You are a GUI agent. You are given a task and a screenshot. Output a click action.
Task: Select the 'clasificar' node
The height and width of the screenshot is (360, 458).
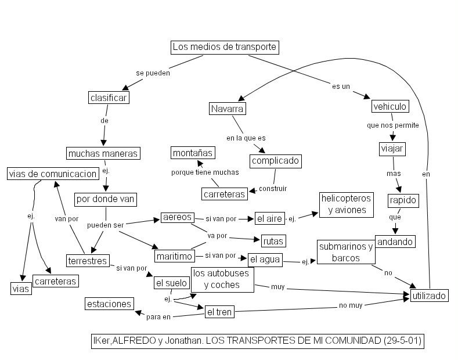pyautogui.click(x=109, y=98)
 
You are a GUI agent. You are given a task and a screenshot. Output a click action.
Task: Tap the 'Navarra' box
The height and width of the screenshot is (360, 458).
pyautogui.click(x=228, y=109)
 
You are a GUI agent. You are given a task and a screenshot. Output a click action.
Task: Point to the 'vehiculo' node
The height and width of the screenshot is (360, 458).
pyautogui.click(x=390, y=106)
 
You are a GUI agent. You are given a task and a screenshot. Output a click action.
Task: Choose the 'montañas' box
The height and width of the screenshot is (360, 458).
pyautogui.click(x=193, y=153)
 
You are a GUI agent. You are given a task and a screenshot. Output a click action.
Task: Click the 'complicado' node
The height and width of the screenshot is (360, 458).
pyautogui.click(x=276, y=160)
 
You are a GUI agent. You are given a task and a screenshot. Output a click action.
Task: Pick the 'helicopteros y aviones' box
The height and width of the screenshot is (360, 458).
pyautogui.click(x=347, y=204)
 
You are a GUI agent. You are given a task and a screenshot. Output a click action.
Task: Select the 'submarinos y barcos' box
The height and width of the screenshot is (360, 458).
pyautogui.click(x=346, y=252)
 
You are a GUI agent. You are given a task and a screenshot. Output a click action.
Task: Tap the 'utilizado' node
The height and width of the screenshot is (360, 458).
pyautogui.click(x=429, y=296)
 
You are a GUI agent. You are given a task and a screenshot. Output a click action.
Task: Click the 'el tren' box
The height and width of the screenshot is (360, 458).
pyautogui.click(x=219, y=312)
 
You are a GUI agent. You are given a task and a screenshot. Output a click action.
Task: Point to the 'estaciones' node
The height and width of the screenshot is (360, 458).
pyautogui.click(x=109, y=303)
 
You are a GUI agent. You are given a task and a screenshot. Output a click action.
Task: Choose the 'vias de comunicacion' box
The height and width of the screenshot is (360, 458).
pyautogui.click(x=52, y=174)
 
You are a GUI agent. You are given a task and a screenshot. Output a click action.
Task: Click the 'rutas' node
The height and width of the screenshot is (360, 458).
pyautogui.click(x=272, y=240)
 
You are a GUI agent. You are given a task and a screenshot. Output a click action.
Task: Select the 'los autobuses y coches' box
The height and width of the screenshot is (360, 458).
pyautogui.click(x=223, y=279)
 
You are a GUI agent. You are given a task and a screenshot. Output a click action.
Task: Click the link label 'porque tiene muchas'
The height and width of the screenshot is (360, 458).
pyautogui.click(x=205, y=172)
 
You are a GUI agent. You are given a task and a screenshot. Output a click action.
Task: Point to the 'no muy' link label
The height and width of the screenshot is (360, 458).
pyautogui.click(x=351, y=305)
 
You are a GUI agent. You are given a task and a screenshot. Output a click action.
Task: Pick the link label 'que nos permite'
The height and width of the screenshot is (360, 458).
pyautogui.click(x=392, y=125)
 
